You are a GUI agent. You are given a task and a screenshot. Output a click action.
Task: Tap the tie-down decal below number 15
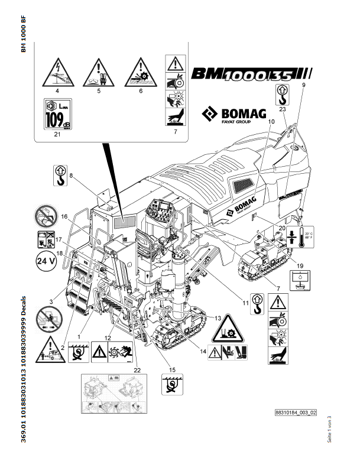[172, 385]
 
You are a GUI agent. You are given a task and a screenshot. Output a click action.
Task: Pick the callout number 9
[303, 86]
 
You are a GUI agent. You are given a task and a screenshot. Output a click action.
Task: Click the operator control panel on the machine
[160, 210]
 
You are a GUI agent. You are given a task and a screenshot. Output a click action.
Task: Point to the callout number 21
[57, 135]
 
